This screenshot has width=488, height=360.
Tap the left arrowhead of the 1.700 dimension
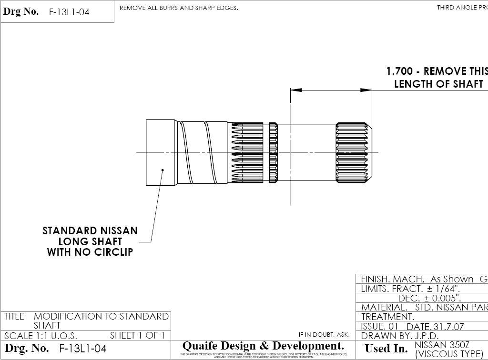point(296,90)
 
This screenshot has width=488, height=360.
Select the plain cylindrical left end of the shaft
point(161,152)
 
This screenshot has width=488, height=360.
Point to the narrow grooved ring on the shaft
point(273,152)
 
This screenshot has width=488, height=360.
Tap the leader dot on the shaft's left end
point(163,170)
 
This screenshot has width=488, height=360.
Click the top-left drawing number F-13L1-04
point(69,12)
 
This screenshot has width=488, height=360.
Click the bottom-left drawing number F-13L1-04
point(82,349)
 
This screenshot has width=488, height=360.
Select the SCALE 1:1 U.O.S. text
point(41,335)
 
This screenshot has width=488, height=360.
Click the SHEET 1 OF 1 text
point(137,335)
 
